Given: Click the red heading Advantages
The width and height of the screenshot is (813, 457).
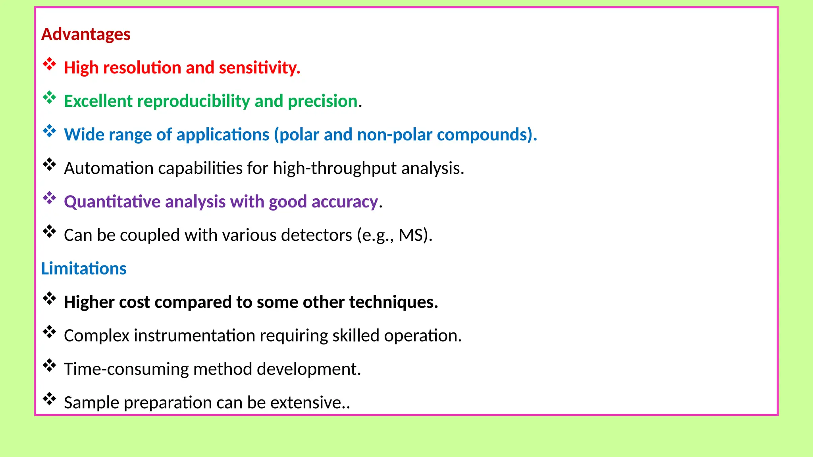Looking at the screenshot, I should [86, 35].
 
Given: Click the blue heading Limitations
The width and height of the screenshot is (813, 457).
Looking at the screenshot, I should [84, 269].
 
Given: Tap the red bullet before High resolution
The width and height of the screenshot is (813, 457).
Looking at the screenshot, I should [50, 64].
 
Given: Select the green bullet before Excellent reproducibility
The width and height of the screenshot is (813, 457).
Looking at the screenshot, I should [50, 97].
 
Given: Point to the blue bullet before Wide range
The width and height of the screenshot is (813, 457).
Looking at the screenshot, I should [50, 131].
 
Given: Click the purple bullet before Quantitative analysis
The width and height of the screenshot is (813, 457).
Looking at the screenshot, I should [50, 198].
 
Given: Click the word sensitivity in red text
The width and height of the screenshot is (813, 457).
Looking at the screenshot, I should [259, 68].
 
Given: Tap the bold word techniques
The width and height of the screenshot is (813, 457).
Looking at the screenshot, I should [393, 302].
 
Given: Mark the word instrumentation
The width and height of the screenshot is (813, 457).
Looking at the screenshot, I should [195, 336].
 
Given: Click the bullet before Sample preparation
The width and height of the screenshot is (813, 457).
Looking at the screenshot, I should [50, 399].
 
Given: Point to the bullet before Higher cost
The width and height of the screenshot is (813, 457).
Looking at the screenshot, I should [50, 298].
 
